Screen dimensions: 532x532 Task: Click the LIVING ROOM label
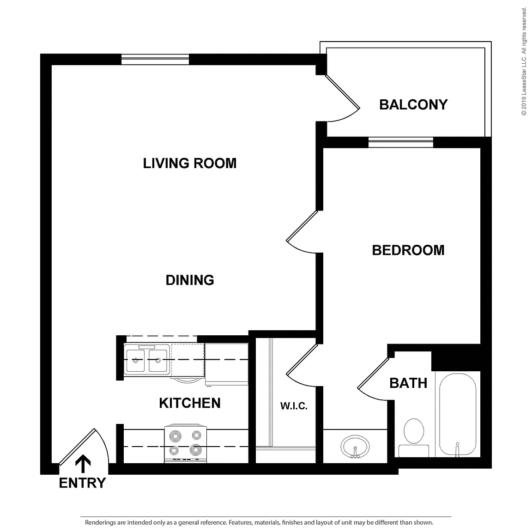pos(190,163)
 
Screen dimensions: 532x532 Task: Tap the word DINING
pos(190,280)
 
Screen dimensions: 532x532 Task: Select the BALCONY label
pos(413,104)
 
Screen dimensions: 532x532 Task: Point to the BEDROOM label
pos(408,250)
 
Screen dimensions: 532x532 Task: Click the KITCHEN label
pos(190,403)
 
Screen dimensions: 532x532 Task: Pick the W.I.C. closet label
pos(294,406)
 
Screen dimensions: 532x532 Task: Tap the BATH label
pos(408,383)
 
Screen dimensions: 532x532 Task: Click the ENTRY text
pos(83,483)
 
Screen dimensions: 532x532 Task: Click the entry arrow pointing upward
pos(83,464)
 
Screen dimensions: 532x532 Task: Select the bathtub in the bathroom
pos(458,414)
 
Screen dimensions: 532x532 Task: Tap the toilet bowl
pos(414,431)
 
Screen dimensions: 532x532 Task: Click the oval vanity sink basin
pos(355,447)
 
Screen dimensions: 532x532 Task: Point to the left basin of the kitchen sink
pos(135,361)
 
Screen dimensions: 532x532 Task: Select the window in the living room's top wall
pos(155,60)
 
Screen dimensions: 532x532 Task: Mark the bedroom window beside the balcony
pos(401,143)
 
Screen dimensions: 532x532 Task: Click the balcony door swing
pos(343,98)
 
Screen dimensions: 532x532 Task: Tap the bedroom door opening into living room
pos(302,232)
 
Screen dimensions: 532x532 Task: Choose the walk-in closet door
pos(302,365)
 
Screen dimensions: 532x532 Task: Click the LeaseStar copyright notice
pos(524,61)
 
